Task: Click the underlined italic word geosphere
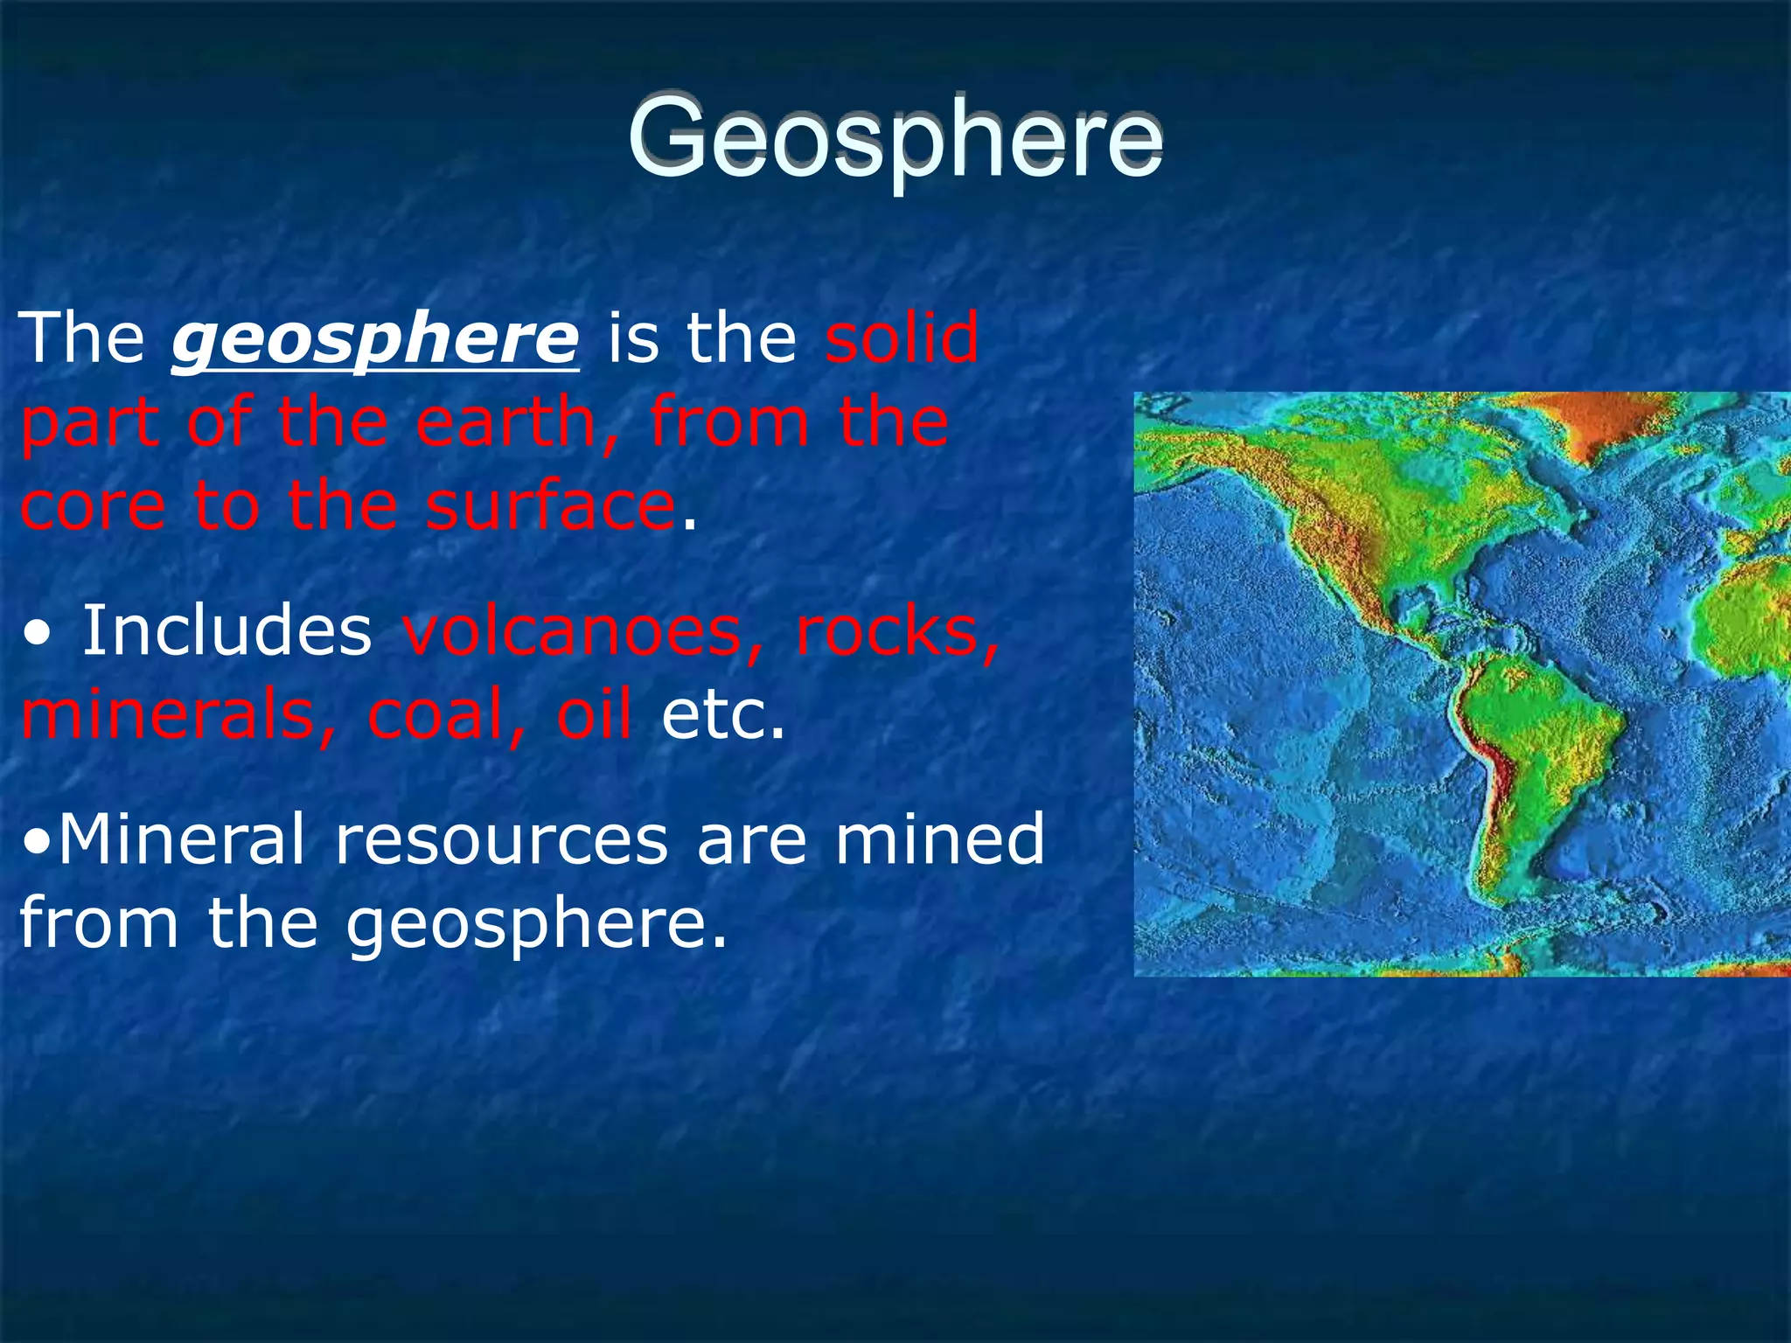tap(375, 339)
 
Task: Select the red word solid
tap(902, 339)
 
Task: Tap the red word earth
tap(505, 423)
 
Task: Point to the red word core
tap(93, 507)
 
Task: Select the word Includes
tap(226, 631)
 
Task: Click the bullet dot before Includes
tap(37, 633)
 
